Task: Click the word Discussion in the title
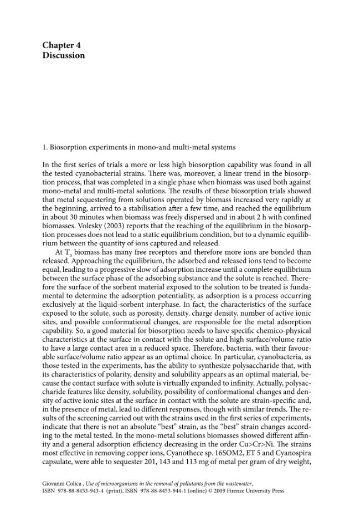tap(64, 55)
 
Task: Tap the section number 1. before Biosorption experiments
tap(45, 147)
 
